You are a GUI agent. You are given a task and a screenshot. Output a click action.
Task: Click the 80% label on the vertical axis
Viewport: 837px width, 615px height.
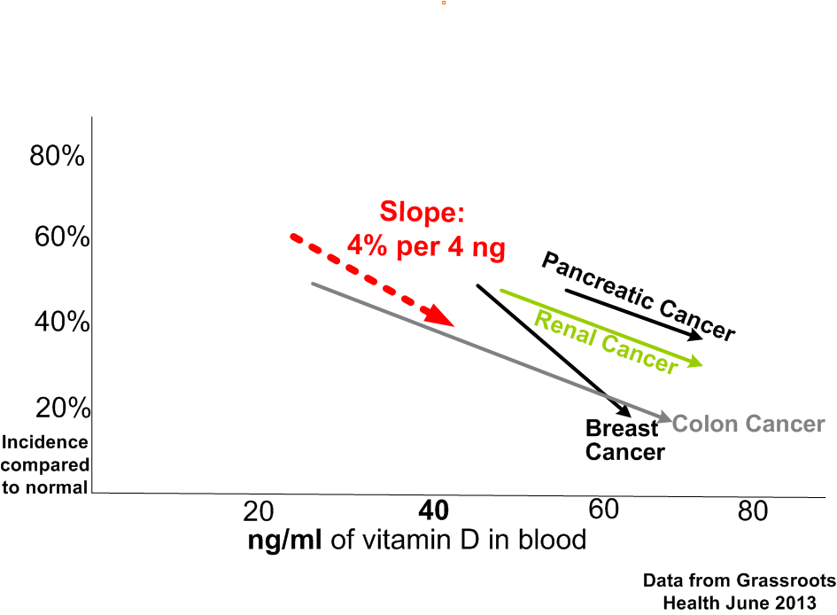point(58,157)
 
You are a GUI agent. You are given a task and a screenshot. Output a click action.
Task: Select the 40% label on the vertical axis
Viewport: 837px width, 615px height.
point(62,323)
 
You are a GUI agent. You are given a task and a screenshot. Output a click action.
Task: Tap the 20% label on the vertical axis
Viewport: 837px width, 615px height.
point(63,409)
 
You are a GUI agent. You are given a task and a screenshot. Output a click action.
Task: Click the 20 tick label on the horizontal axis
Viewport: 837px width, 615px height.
point(258,512)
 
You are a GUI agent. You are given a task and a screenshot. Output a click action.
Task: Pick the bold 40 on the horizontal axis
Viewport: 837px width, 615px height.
point(434,511)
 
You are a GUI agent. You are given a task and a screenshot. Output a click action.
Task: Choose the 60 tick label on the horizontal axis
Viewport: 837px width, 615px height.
point(603,510)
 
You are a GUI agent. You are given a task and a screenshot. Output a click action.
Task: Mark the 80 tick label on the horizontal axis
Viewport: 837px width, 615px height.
point(753,512)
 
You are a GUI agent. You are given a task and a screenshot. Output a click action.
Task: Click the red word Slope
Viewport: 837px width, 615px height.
point(422,214)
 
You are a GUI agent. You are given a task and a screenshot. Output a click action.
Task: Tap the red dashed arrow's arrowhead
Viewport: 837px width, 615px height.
point(440,315)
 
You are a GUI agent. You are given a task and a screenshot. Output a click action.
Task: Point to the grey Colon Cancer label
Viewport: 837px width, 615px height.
point(748,424)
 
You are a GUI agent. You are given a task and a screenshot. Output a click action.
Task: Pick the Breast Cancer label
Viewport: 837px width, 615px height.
point(624,440)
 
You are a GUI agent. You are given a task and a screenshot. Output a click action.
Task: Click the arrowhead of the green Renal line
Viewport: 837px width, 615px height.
point(693,362)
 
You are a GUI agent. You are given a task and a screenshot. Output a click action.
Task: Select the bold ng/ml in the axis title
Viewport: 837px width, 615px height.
point(285,540)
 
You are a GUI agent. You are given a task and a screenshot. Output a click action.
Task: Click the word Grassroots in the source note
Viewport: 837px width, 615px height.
point(785,581)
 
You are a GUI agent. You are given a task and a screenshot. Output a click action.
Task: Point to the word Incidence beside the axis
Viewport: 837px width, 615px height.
point(45,442)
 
